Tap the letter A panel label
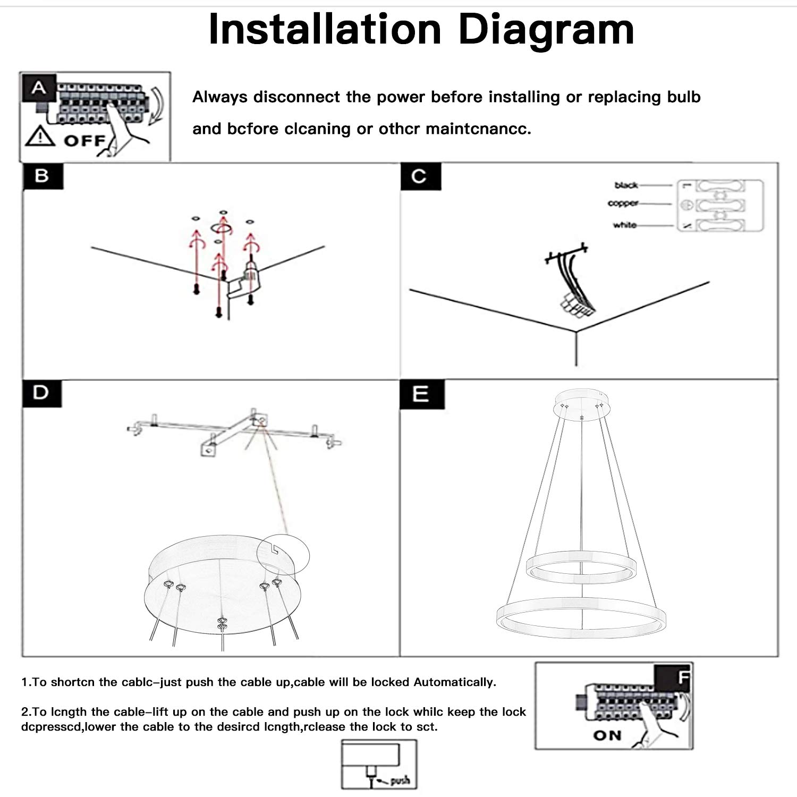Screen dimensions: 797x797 tap(38, 88)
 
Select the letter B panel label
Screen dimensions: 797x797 tap(43, 176)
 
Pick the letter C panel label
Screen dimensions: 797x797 tap(420, 176)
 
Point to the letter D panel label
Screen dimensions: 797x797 tap(41, 393)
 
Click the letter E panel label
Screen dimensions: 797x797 tap(421, 394)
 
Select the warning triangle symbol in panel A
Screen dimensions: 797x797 tap(40, 138)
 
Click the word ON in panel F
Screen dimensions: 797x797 tap(607, 736)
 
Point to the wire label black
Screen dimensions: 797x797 tap(626, 185)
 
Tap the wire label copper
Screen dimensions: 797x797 tap(623, 204)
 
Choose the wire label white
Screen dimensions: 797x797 tap(625, 225)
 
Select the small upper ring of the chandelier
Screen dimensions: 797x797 tap(580, 567)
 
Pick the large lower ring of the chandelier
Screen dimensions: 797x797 tap(580, 618)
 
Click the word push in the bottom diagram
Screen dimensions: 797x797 tap(400, 781)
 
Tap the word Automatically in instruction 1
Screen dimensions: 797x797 tap(454, 682)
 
